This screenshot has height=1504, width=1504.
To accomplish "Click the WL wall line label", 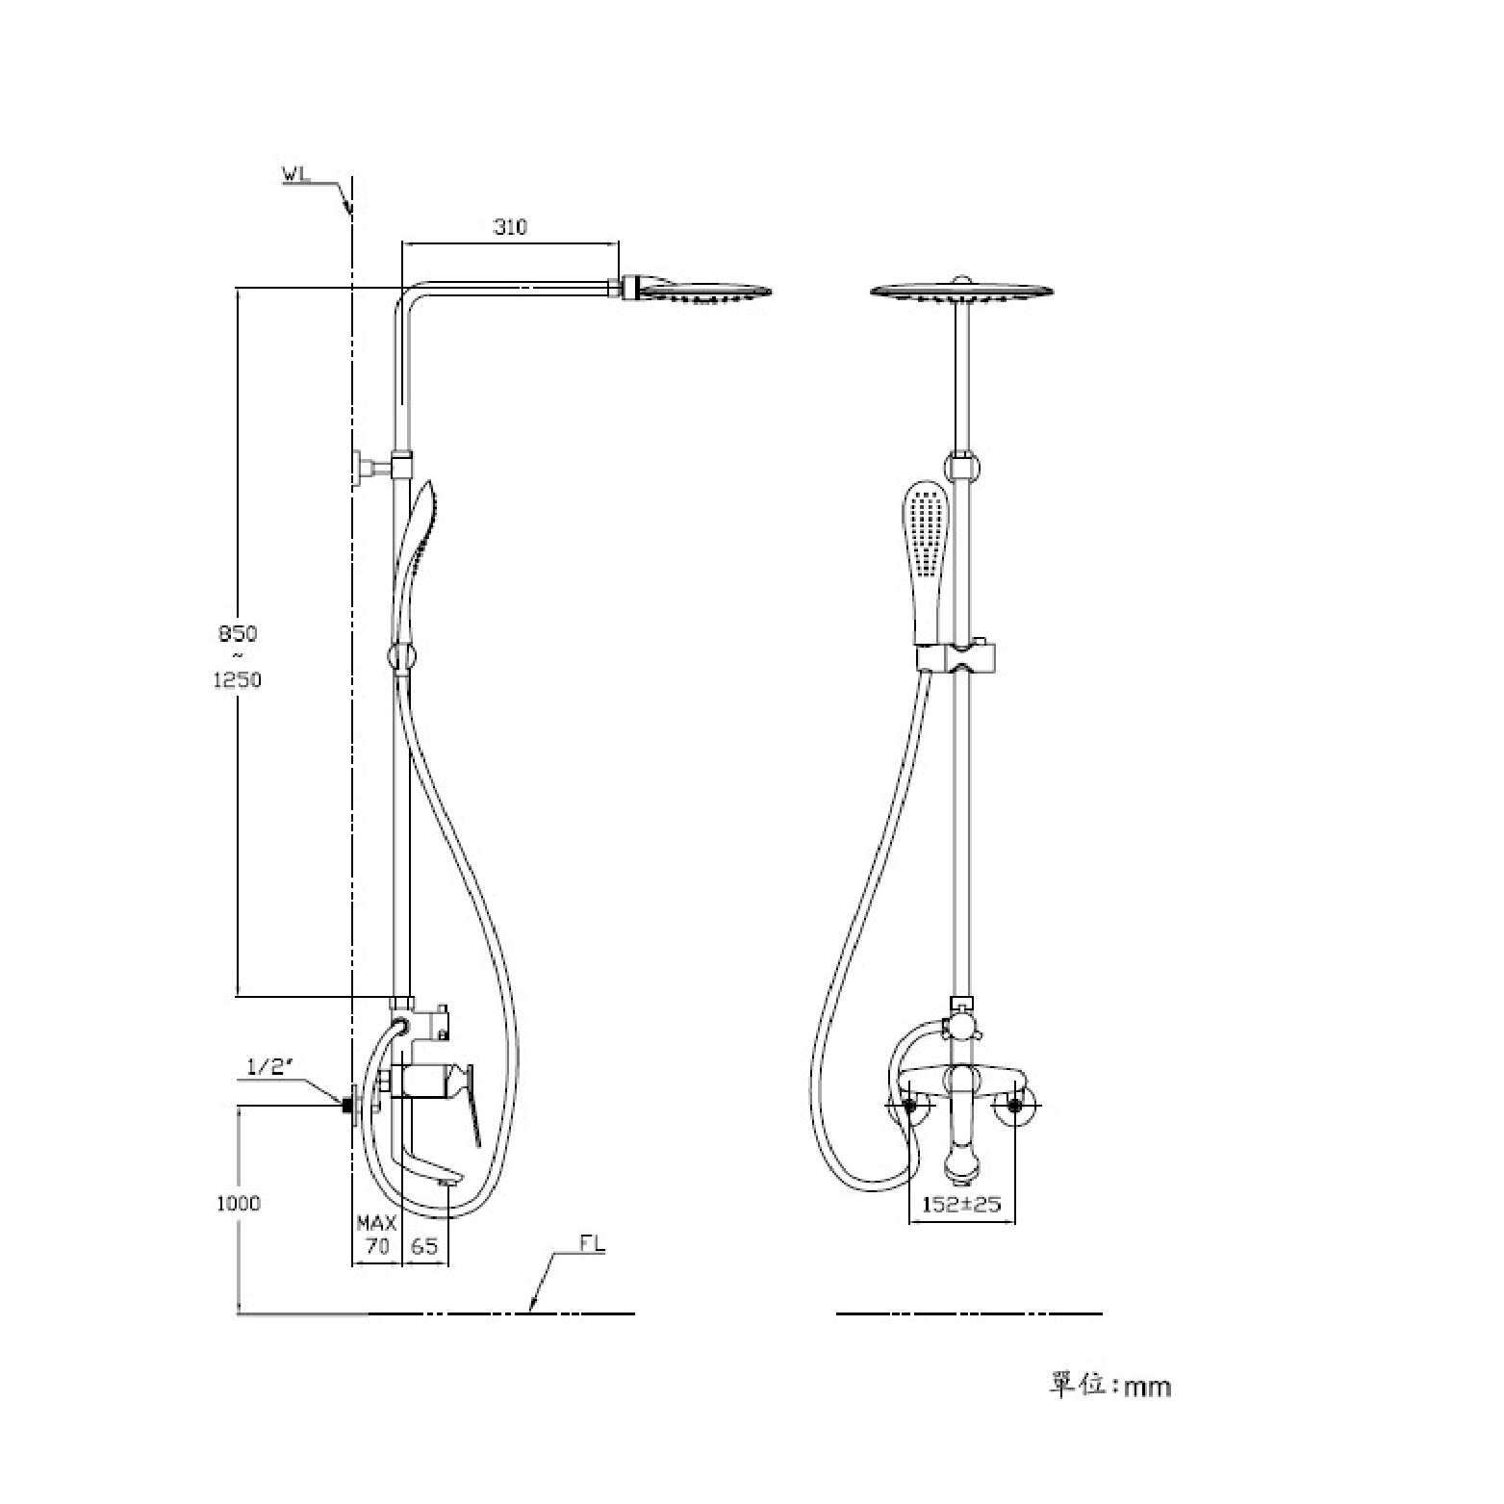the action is tap(294, 174).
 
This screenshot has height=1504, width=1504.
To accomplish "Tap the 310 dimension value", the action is tap(510, 227).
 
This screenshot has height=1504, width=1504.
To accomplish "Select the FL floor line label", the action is tap(592, 1243).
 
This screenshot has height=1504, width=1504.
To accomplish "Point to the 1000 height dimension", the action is tap(239, 1203).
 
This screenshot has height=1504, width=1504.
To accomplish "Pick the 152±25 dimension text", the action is tap(962, 1204).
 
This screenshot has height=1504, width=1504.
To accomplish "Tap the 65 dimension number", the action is tap(424, 1246).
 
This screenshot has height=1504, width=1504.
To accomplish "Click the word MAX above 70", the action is tap(376, 1223).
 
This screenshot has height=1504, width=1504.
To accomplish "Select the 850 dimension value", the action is tap(238, 634).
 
